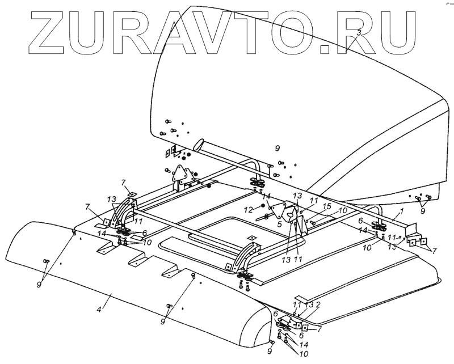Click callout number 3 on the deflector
coord(359,33)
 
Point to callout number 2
coord(319,305)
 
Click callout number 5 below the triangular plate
coord(279,224)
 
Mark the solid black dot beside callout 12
coord(263,205)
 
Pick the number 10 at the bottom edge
coord(296,355)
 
